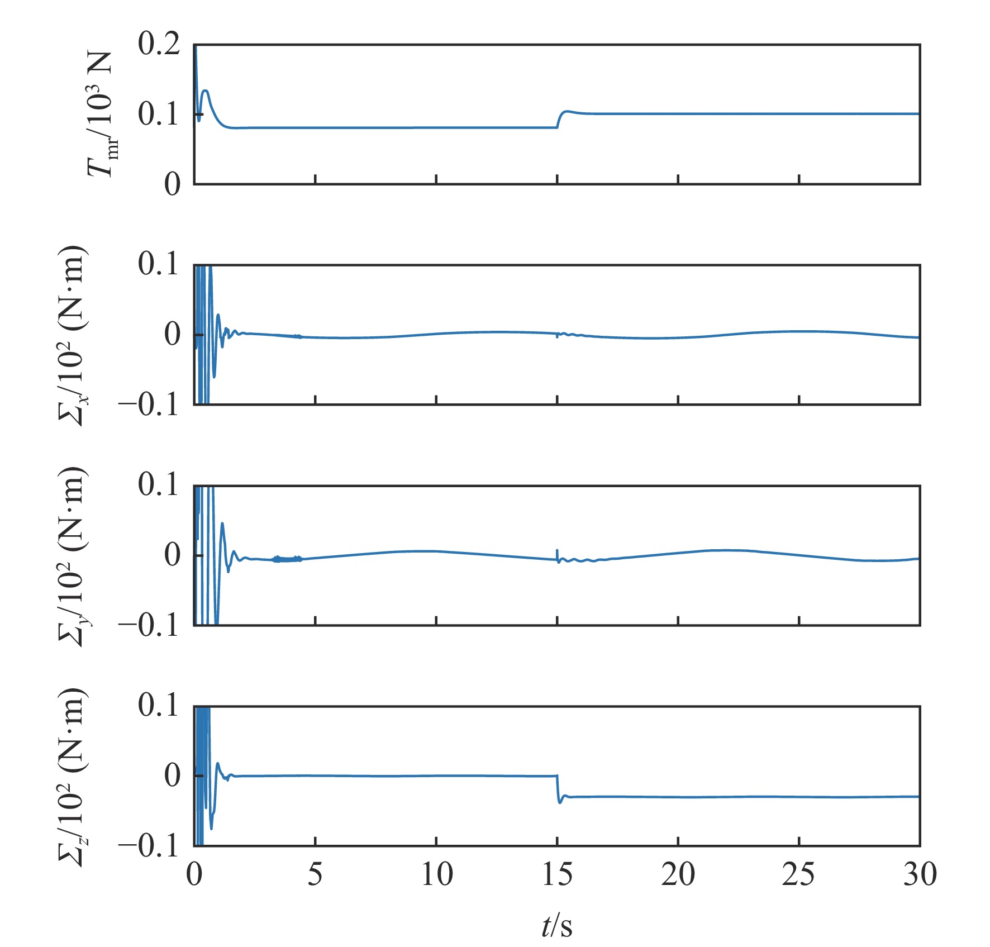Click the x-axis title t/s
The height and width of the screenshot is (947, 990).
click(557, 925)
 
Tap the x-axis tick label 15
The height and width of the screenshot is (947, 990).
click(557, 874)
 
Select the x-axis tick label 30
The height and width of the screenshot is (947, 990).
click(920, 874)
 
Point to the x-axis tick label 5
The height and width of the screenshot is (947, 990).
click(315, 874)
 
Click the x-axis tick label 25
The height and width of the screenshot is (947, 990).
click(798, 874)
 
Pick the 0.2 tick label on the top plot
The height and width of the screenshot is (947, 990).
click(159, 44)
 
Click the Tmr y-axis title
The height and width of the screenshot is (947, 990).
click(101, 115)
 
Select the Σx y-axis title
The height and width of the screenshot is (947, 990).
click(73, 335)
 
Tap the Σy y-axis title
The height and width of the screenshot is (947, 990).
click(73, 556)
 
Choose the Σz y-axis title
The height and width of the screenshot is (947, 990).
click(73, 777)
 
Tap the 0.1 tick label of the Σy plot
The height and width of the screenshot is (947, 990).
click(159, 484)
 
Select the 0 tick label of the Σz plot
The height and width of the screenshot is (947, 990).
click(173, 775)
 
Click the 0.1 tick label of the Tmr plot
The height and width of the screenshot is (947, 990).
click(159, 115)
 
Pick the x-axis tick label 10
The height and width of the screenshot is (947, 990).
click(436, 874)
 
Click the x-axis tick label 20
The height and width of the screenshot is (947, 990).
click(678, 874)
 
